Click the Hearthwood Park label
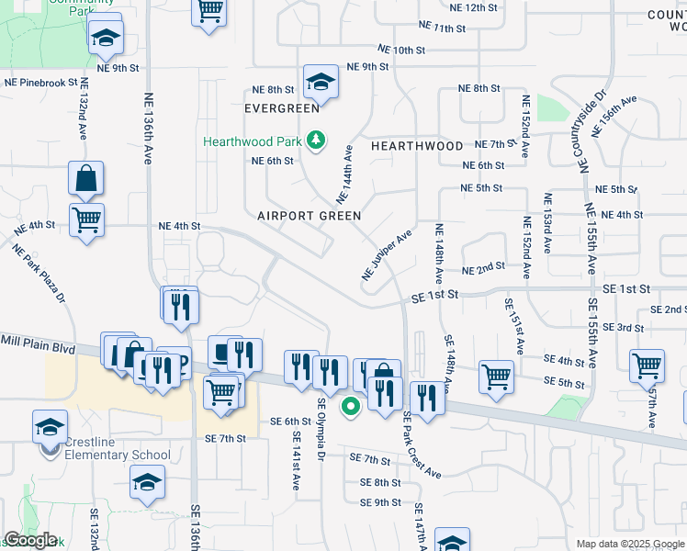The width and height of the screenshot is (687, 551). pyautogui.click(x=253, y=141)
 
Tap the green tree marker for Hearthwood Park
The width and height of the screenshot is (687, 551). pyautogui.click(x=316, y=140)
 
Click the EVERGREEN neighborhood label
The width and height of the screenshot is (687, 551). pyautogui.click(x=281, y=108)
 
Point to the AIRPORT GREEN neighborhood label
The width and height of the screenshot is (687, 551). pyautogui.click(x=309, y=215)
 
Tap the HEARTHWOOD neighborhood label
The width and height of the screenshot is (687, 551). pyautogui.click(x=417, y=146)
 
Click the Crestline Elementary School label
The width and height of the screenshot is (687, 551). pyautogui.click(x=118, y=455)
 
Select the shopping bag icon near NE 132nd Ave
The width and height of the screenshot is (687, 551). pyautogui.click(x=85, y=178)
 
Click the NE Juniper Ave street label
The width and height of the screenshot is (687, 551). pyautogui.click(x=389, y=254)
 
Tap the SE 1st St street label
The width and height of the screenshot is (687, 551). pyautogui.click(x=434, y=297)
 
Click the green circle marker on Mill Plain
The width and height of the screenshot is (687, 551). pyautogui.click(x=350, y=405)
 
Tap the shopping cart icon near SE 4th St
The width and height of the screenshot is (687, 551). pyautogui.click(x=496, y=375)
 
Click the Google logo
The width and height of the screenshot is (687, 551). pyautogui.click(x=30, y=540)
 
